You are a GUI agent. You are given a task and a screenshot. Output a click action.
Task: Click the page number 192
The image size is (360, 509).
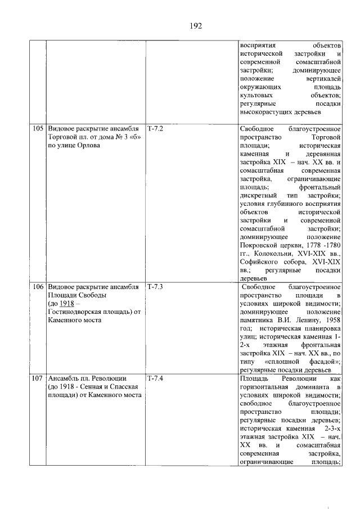pos(196,26)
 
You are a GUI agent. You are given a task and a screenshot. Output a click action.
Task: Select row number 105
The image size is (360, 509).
pos(38,128)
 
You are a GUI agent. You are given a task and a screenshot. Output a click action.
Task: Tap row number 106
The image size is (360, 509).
pos(38,287)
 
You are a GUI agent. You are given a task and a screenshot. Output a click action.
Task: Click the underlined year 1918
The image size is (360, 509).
pos(68,305)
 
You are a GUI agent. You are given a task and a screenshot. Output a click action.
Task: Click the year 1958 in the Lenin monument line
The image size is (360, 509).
pos(333,314)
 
